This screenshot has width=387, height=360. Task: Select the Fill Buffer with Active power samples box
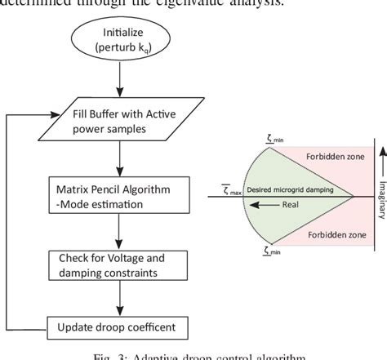pyautogui.click(x=120, y=121)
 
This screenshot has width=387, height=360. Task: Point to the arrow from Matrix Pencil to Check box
pyautogui.click(x=120, y=231)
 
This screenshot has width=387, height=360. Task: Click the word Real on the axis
pyautogui.click(x=291, y=207)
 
